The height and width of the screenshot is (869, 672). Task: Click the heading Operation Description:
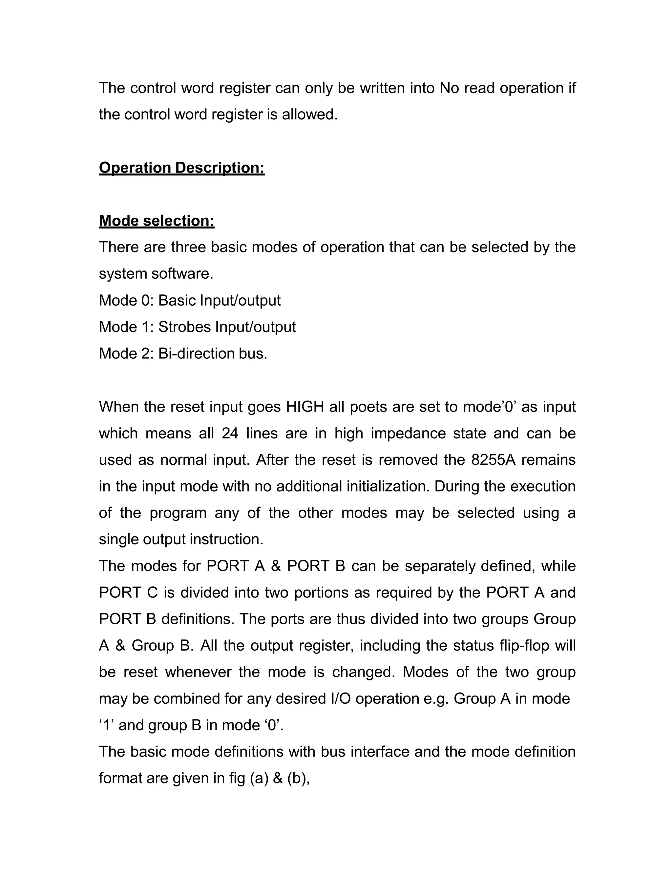[181, 168]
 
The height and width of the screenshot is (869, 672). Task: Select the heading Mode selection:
[157, 221]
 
